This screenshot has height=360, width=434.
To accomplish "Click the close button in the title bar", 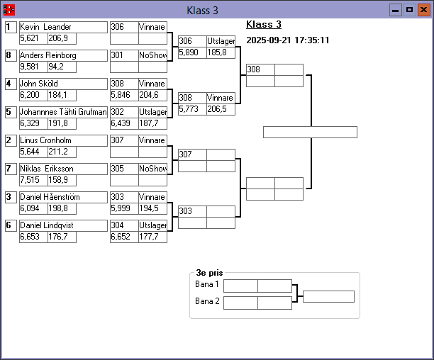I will point(423,10).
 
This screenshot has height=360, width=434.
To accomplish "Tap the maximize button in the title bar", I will point(409,10).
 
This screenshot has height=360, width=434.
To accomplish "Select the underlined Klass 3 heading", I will point(264,24).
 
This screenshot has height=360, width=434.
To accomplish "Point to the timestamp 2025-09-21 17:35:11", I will point(287,40).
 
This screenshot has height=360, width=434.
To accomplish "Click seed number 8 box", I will point(10,55).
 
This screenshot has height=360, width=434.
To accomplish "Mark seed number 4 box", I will point(10,84).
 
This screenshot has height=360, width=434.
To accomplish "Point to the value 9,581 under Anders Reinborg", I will point(33,67).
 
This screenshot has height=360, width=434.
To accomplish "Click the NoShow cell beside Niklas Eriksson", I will point(152,169).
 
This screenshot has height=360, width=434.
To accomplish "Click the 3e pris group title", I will point(209,272).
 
